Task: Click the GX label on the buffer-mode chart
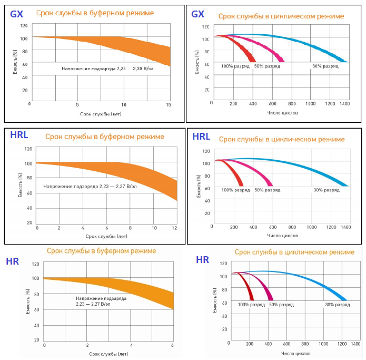click(16, 14)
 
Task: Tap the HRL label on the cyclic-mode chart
click(201, 137)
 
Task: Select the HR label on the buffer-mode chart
click(13, 261)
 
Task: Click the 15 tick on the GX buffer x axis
click(169, 105)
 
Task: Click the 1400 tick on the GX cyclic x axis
click(345, 104)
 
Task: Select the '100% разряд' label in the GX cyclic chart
click(234, 66)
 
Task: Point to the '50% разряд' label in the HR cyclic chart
click(281, 305)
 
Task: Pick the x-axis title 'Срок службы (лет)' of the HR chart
click(108, 353)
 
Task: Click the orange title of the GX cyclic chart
click(281, 16)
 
